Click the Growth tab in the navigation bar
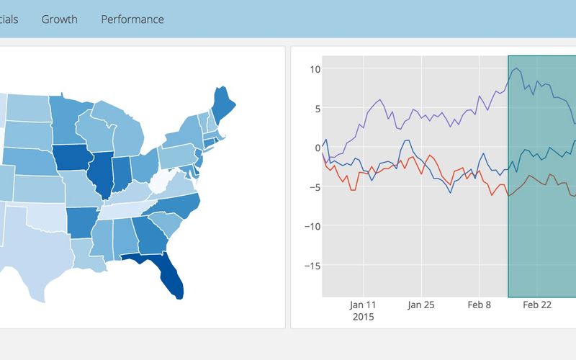point(59,19)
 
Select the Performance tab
point(132,19)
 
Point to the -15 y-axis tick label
point(311,265)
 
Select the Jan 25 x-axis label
point(421,305)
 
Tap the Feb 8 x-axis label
point(479,305)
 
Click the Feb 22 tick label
point(536,305)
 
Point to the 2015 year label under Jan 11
point(364,317)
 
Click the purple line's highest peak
point(516,68)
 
